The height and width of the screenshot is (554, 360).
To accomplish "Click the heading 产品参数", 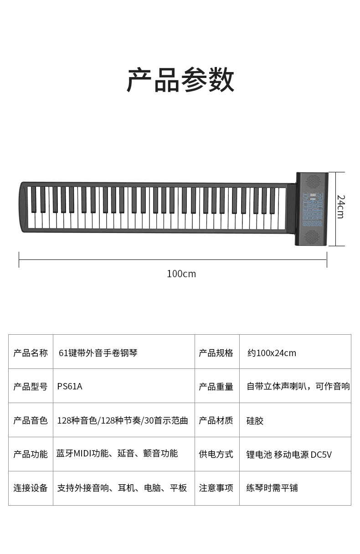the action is [180, 80].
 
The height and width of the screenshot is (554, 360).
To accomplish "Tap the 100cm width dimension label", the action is [181, 274].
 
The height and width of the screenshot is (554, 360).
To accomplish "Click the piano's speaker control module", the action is [312, 208].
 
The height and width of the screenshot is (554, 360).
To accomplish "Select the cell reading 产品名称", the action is [31, 352].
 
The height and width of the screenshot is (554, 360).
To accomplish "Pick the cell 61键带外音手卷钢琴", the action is [98, 352].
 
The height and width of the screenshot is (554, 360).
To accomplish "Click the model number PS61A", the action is [70, 386].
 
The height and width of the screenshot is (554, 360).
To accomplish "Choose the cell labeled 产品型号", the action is [31, 386].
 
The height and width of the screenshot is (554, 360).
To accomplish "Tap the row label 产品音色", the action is [31, 420].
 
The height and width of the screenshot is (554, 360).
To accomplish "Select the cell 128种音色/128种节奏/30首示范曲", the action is [123, 420].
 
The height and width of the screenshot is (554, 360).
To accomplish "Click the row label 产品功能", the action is [31, 454].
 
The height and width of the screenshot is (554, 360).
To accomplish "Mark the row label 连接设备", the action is [31, 488].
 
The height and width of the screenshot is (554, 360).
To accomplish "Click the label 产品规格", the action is [216, 352].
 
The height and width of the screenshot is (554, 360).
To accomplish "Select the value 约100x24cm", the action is [272, 352].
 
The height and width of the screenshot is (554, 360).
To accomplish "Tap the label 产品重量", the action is [216, 387].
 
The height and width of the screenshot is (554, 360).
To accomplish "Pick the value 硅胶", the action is [255, 420].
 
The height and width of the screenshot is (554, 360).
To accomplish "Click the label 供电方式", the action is [216, 454].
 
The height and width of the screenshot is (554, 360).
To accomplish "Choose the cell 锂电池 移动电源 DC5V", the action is [289, 454].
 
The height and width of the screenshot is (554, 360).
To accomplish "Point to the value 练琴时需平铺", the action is [272, 488].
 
